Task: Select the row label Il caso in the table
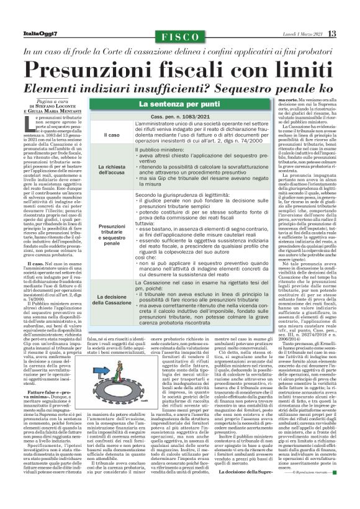[x=113, y=135]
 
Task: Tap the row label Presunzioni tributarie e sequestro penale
[x=112, y=235]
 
